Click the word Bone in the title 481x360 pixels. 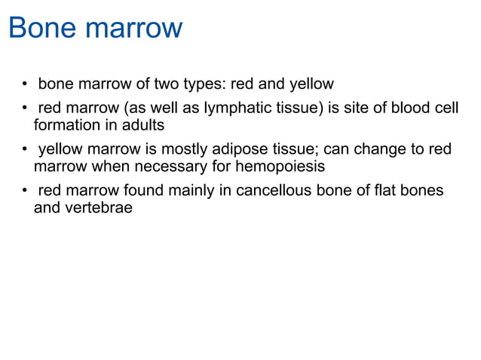tap(41, 29)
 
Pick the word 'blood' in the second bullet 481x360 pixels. tap(414, 108)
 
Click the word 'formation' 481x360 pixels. tap(66, 125)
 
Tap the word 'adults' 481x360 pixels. tap(142, 125)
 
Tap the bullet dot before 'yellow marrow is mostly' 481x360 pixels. tap(26, 151)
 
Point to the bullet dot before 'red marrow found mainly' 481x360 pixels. tap(26, 192)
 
